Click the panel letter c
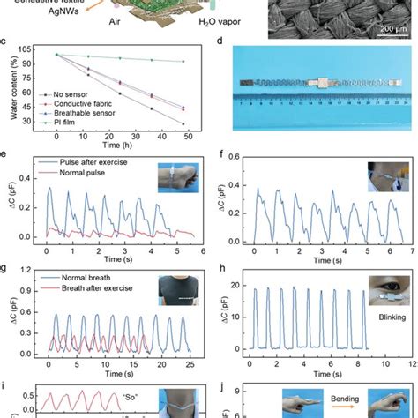pyautogui.click(x=7, y=44)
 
